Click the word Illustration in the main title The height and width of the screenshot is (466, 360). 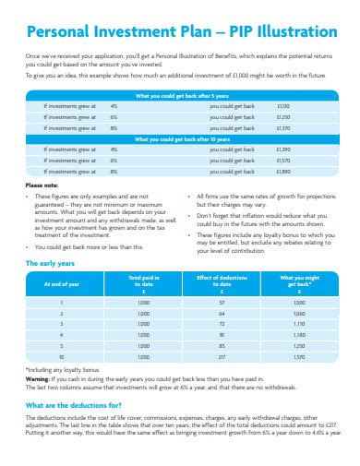pyautogui.click(x=289, y=30)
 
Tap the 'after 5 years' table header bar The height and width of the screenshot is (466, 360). pyautogui.click(x=180, y=96)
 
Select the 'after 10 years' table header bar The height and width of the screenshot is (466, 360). pyautogui.click(x=180, y=139)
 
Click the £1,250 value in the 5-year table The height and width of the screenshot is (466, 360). pyautogui.click(x=283, y=117)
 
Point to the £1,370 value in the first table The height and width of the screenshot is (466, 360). pyautogui.click(x=283, y=128)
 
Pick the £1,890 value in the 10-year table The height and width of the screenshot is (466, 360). pyautogui.click(x=283, y=171)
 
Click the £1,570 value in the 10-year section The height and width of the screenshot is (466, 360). pyautogui.click(x=283, y=161)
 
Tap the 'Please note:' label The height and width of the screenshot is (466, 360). pyautogui.click(x=40, y=185)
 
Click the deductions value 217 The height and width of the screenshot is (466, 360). pyautogui.click(x=221, y=355)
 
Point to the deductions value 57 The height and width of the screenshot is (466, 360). pyautogui.click(x=221, y=302)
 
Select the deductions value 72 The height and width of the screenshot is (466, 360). pyautogui.click(x=221, y=324)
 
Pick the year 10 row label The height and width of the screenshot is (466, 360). pyautogui.click(x=61, y=355)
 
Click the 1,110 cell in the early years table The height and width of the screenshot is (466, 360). pyautogui.click(x=298, y=324)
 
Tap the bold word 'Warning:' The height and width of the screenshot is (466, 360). pyautogui.click(x=38, y=378)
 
